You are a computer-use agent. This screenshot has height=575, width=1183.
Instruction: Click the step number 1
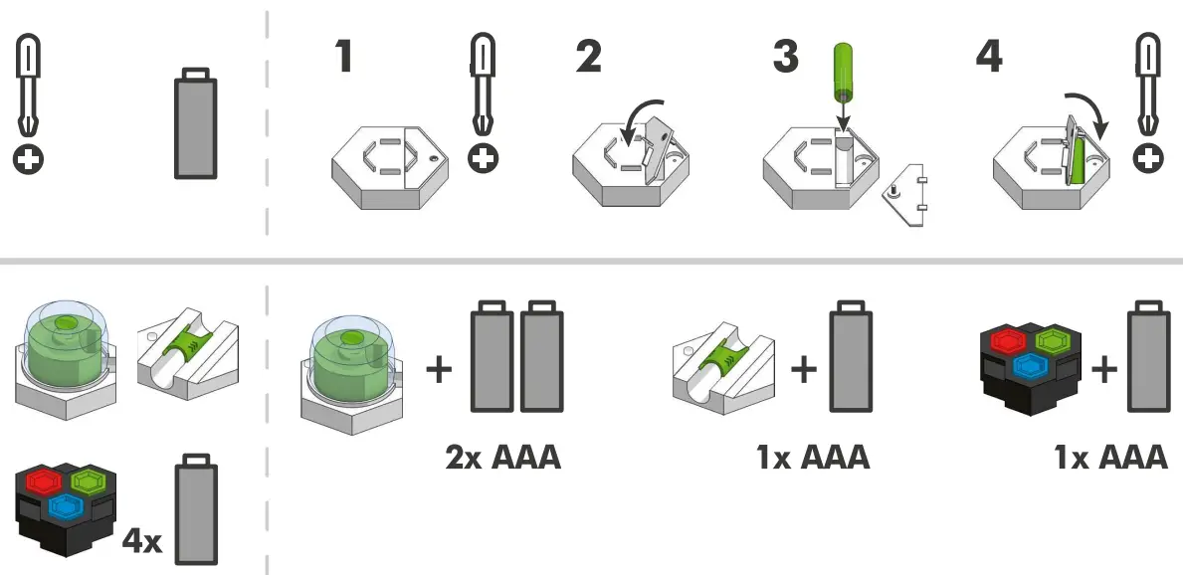click(344, 58)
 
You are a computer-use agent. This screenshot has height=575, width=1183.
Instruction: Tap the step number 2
click(588, 58)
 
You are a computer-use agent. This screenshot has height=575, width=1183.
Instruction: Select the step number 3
click(786, 58)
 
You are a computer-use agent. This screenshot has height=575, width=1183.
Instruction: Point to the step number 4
click(990, 58)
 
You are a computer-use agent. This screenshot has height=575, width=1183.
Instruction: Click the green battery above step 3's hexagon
click(842, 71)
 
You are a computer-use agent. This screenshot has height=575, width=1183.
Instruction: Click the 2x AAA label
click(502, 458)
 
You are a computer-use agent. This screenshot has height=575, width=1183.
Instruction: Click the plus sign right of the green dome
click(439, 370)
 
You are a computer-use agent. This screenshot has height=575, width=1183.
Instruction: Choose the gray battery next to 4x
click(196, 512)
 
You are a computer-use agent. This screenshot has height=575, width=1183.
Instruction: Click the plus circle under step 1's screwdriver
click(484, 158)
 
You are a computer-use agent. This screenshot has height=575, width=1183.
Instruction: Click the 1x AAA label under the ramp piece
click(812, 458)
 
